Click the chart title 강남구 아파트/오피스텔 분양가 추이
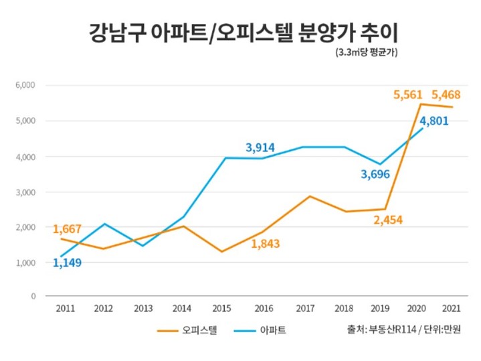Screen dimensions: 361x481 pos(240,31)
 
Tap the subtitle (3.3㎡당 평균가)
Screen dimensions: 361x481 pos(367,54)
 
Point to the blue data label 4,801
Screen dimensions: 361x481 pos(433,121)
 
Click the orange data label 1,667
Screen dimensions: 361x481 pos(67,229)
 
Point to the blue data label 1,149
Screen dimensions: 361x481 pos(67,263)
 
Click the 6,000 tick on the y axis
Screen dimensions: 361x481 pos(25,86)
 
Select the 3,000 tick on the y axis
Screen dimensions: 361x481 pos(25,192)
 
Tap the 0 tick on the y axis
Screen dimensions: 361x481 pos(33,295)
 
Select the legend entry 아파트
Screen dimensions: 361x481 pos(275,330)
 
